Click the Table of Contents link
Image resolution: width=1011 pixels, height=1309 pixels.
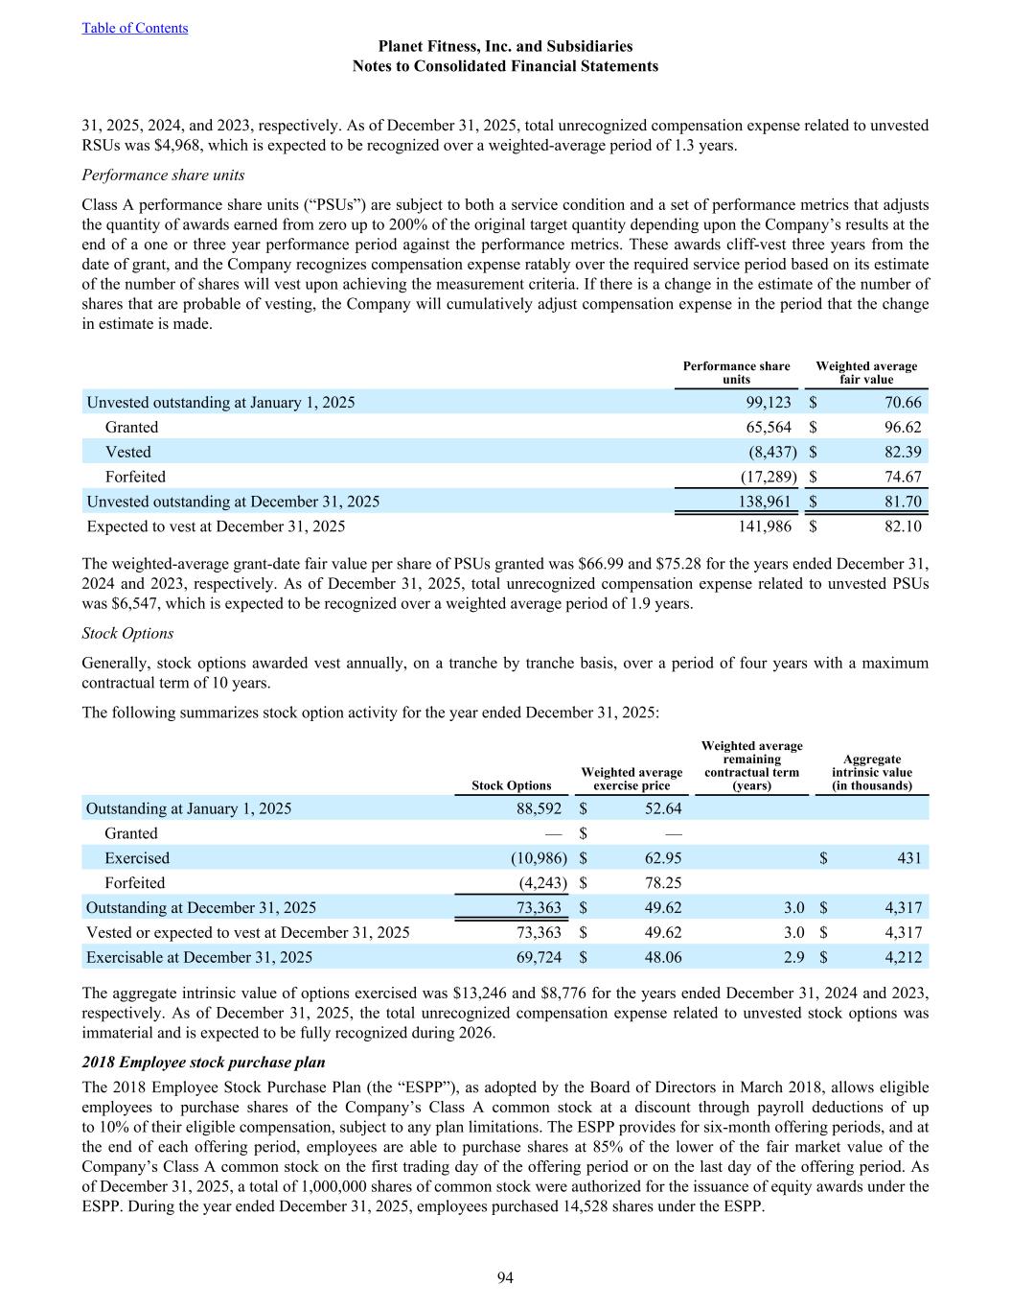[x=135, y=28]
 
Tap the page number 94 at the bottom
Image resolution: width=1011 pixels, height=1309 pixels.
[x=505, y=1276]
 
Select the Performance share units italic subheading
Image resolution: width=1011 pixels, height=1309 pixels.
[x=163, y=175]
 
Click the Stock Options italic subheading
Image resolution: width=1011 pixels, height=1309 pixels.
[x=127, y=633]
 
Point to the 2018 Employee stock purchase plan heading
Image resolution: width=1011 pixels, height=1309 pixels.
[x=203, y=1062]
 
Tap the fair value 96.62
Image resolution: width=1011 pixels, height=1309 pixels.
[x=900, y=427]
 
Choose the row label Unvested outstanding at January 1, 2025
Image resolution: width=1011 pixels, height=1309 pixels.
[x=220, y=402]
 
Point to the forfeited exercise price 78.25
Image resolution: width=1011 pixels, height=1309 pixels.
[x=661, y=882]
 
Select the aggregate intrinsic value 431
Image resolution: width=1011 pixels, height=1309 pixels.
[x=908, y=857]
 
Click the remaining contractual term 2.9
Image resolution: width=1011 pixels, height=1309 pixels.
[x=793, y=956]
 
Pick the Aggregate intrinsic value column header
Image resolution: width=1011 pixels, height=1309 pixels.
[x=871, y=772]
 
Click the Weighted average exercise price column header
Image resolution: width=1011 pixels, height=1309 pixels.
[x=632, y=779]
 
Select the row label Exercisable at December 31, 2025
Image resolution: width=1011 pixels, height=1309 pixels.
[x=199, y=956]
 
